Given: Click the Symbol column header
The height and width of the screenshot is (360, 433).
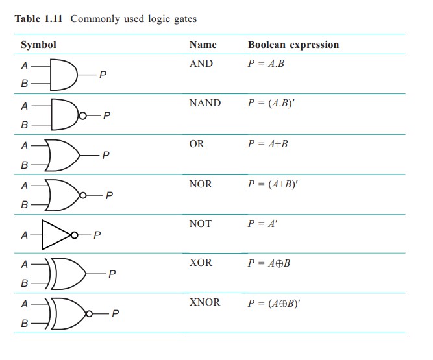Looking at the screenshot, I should click(x=38, y=45).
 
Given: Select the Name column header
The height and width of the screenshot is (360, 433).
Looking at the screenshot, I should click(x=203, y=45).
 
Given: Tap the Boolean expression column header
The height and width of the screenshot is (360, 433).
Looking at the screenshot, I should click(x=293, y=45).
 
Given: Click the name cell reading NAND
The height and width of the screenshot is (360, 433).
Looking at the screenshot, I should click(x=204, y=102).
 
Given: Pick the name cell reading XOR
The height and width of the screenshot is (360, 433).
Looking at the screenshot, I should click(x=200, y=263).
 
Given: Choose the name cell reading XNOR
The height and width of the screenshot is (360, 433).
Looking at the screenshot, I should click(x=204, y=302).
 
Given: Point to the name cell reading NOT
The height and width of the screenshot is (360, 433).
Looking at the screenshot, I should click(x=200, y=224).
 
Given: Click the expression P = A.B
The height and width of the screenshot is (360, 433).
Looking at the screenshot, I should click(x=267, y=64).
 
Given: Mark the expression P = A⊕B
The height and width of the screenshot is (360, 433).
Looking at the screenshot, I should click(x=268, y=263).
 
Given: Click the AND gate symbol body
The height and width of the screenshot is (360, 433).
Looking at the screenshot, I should click(x=62, y=75).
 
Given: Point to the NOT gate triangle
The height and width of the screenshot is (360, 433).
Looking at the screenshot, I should click(x=56, y=235).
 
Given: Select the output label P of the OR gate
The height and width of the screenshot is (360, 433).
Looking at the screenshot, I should click(x=106, y=155).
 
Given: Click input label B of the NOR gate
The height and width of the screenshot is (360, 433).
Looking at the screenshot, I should click(x=25, y=205).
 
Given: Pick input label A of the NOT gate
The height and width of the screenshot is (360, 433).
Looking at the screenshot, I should click(x=25, y=235).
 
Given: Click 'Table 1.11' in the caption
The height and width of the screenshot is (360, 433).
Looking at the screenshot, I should click(x=40, y=18).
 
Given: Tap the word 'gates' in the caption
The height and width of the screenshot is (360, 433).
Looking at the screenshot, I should click(x=182, y=18).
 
